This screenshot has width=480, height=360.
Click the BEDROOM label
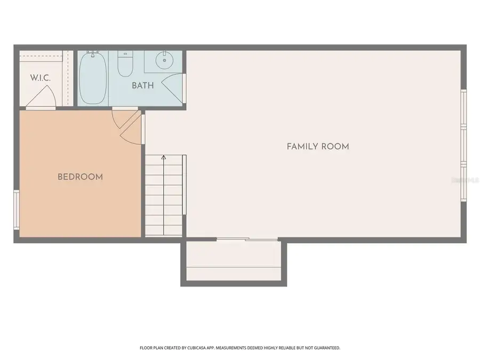(x=80, y=177)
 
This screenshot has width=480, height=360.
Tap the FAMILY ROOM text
(x=318, y=146)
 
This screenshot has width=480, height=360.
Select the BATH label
(x=143, y=85)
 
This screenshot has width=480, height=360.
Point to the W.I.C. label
(x=40, y=78)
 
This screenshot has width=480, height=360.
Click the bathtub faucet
(x=93, y=54)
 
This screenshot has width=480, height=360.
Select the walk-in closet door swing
(x=43, y=97)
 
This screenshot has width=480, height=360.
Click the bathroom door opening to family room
(x=174, y=87)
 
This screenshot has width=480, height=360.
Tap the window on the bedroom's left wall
(x=17, y=209)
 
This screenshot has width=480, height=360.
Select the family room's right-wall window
(x=463, y=145)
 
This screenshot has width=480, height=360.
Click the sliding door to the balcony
(x=247, y=239)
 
